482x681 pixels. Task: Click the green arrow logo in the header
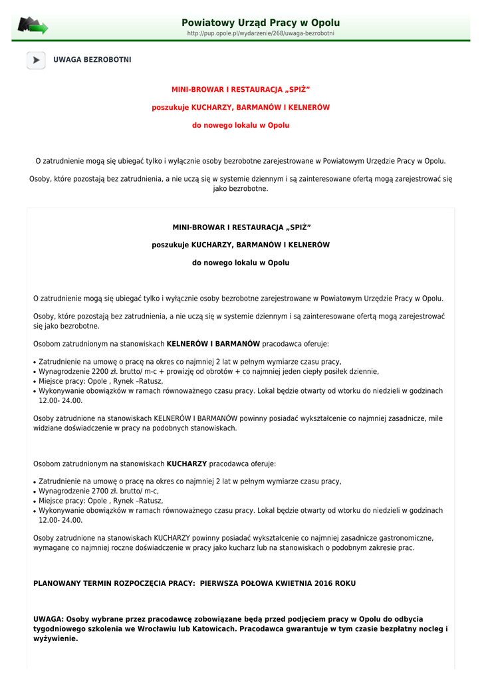tap(33, 25)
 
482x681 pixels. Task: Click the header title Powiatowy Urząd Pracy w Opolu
tap(261, 23)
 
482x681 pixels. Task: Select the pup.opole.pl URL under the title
tap(261, 33)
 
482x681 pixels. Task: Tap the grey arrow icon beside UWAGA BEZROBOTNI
tap(36, 60)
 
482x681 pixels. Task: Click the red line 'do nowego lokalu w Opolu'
tap(241, 125)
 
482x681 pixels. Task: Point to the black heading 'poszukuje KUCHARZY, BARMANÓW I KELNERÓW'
tap(241, 245)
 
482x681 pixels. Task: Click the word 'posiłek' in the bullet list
tap(336, 372)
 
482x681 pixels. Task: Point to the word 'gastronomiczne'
tap(401, 538)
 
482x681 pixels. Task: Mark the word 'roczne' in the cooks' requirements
tap(116, 548)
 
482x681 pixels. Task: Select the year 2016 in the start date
tap(325, 583)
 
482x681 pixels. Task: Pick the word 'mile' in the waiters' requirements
tap(435, 419)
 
